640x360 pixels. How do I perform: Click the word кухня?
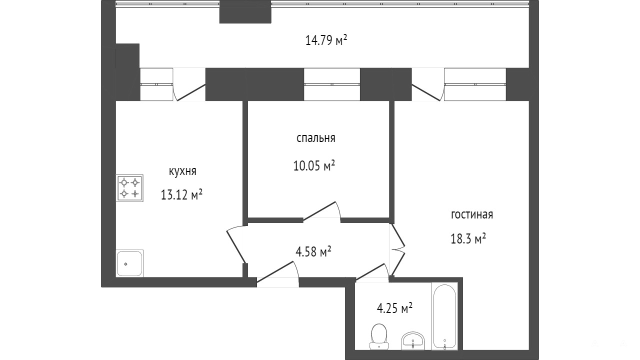click(x=182, y=171)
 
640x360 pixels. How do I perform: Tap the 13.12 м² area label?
click(x=181, y=195)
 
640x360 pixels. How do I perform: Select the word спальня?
click(x=315, y=138)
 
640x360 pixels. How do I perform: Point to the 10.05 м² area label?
click(x=314, y=165)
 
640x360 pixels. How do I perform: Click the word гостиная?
click(x=472, y=214)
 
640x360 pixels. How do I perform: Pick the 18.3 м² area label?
click(x=468, y=238)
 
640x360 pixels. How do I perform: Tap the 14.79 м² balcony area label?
click(x=326, y=40)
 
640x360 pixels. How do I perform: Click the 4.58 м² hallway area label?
click(x=313, y=251)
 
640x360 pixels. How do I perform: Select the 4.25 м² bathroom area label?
click(x=394, y=308)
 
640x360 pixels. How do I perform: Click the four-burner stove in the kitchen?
click(x=129, y=188)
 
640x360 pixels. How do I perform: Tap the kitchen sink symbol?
click(x=129, y=263)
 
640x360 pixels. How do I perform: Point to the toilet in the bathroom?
click(x=379, y=336)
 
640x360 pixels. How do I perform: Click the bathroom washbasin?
click(x=413, y=341)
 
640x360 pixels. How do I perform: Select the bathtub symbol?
click(x=444, y=316)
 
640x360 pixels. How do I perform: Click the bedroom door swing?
click(x=321, y=211)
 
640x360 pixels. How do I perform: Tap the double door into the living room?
click(x=397, y=249)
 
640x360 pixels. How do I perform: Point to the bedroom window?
click(x=331, y=84)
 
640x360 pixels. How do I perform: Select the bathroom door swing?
click(x=372, y=271)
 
